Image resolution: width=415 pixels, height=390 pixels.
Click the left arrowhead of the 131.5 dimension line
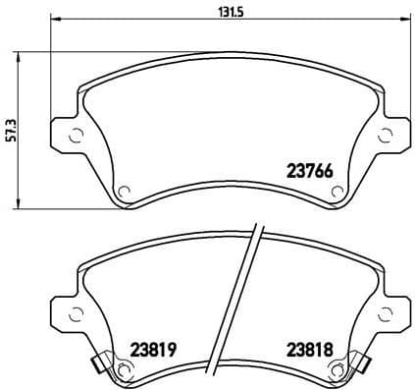click(54, 20)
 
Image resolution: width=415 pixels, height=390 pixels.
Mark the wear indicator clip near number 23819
click(98, 365)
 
